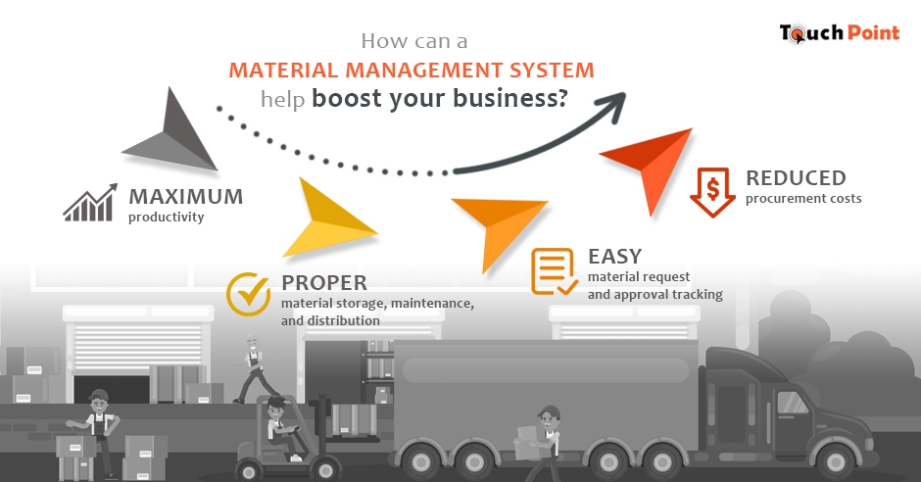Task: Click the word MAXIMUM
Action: pyautogui.click(x=185, y=197)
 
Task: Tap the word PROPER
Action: pyautogui.click(x=323, y=283)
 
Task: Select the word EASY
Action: pyautogui.click(x=614, y=257)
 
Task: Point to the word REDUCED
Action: pyautogui.click(x=795, y=178)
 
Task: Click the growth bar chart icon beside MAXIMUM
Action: pyautogui.click(x=90, y=203)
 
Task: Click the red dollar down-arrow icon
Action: pyautogui.click(x=712, y=192)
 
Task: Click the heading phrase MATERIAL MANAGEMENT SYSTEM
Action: pyautogui.click(x=411, y=71)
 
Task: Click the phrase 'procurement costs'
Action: pyautogui.click(x=802, y=199)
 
